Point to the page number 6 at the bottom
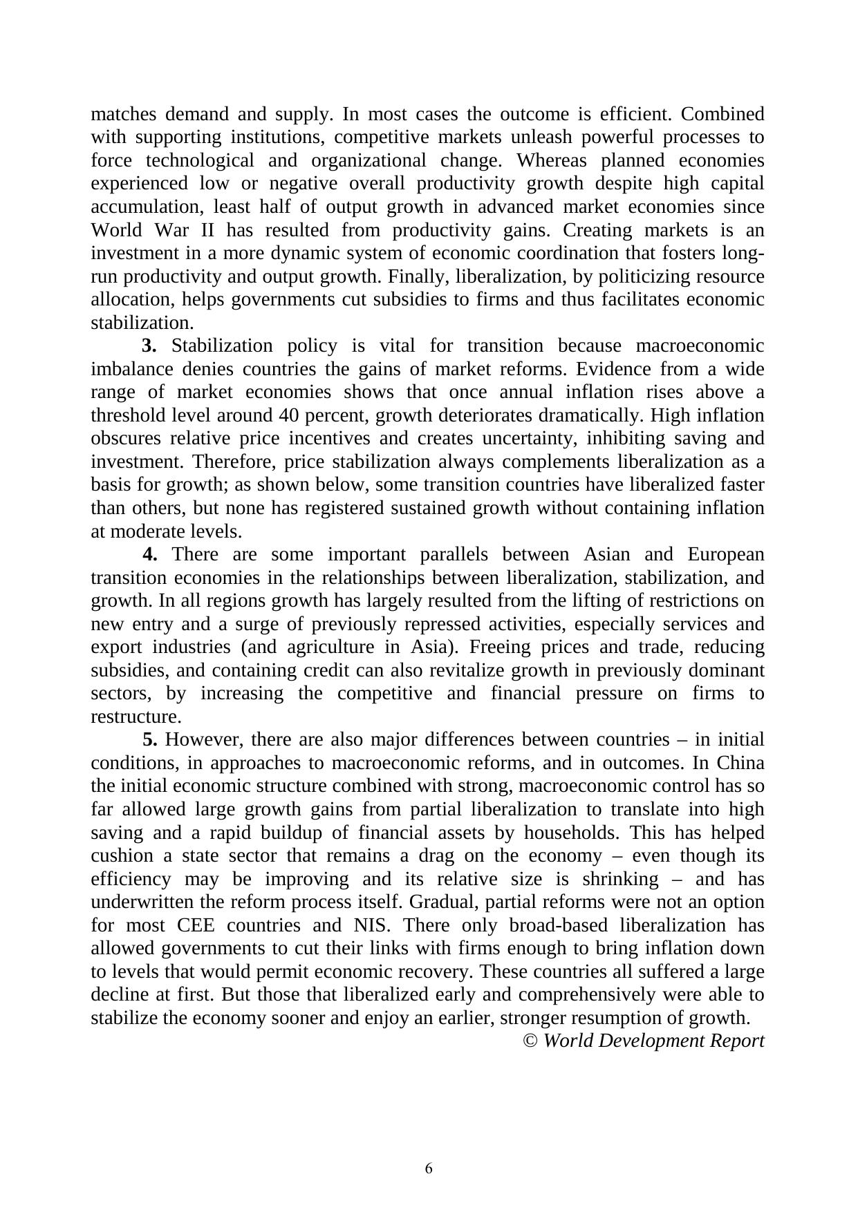point(429,1168)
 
